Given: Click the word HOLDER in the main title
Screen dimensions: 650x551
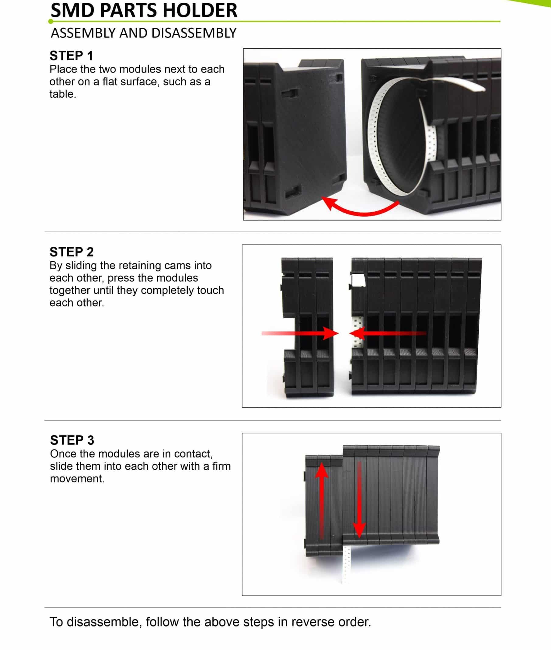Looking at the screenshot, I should (x=200, y=11).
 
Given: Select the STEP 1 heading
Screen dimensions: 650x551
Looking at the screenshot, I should (x=71, y=56).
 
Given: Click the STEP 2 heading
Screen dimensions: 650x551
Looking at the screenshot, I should (x=71, y=252).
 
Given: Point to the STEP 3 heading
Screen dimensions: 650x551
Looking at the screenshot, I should (x=72, y=440).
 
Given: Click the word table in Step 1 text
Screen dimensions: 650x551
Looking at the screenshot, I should (x=62, y=94).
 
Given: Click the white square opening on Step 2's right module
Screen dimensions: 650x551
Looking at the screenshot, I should (x=359, y=280).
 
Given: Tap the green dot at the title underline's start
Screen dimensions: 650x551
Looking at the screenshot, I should (x=51, y=22).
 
